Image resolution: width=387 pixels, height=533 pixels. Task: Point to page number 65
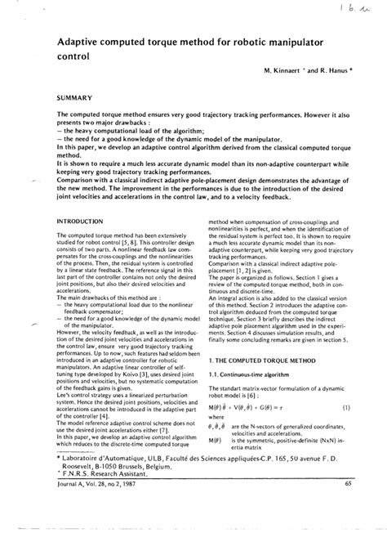[347, 508]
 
